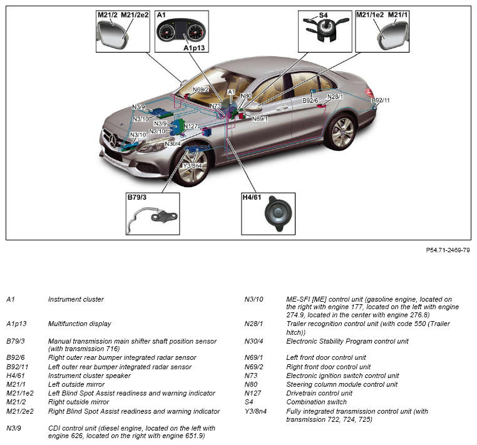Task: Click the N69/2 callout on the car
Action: (x=200, y=90)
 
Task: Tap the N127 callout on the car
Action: (x=191, y=126)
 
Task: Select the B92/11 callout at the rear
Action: (x=380, y=100)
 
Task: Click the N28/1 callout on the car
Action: (x=335, y=97)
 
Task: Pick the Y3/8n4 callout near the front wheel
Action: (x=192, y=165)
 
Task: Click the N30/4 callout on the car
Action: (x=173, y=144)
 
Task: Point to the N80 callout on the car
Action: (x=246, y=96)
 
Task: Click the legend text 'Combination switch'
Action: (x=316, y=402)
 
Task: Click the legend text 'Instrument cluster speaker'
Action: (x=89, y=376)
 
